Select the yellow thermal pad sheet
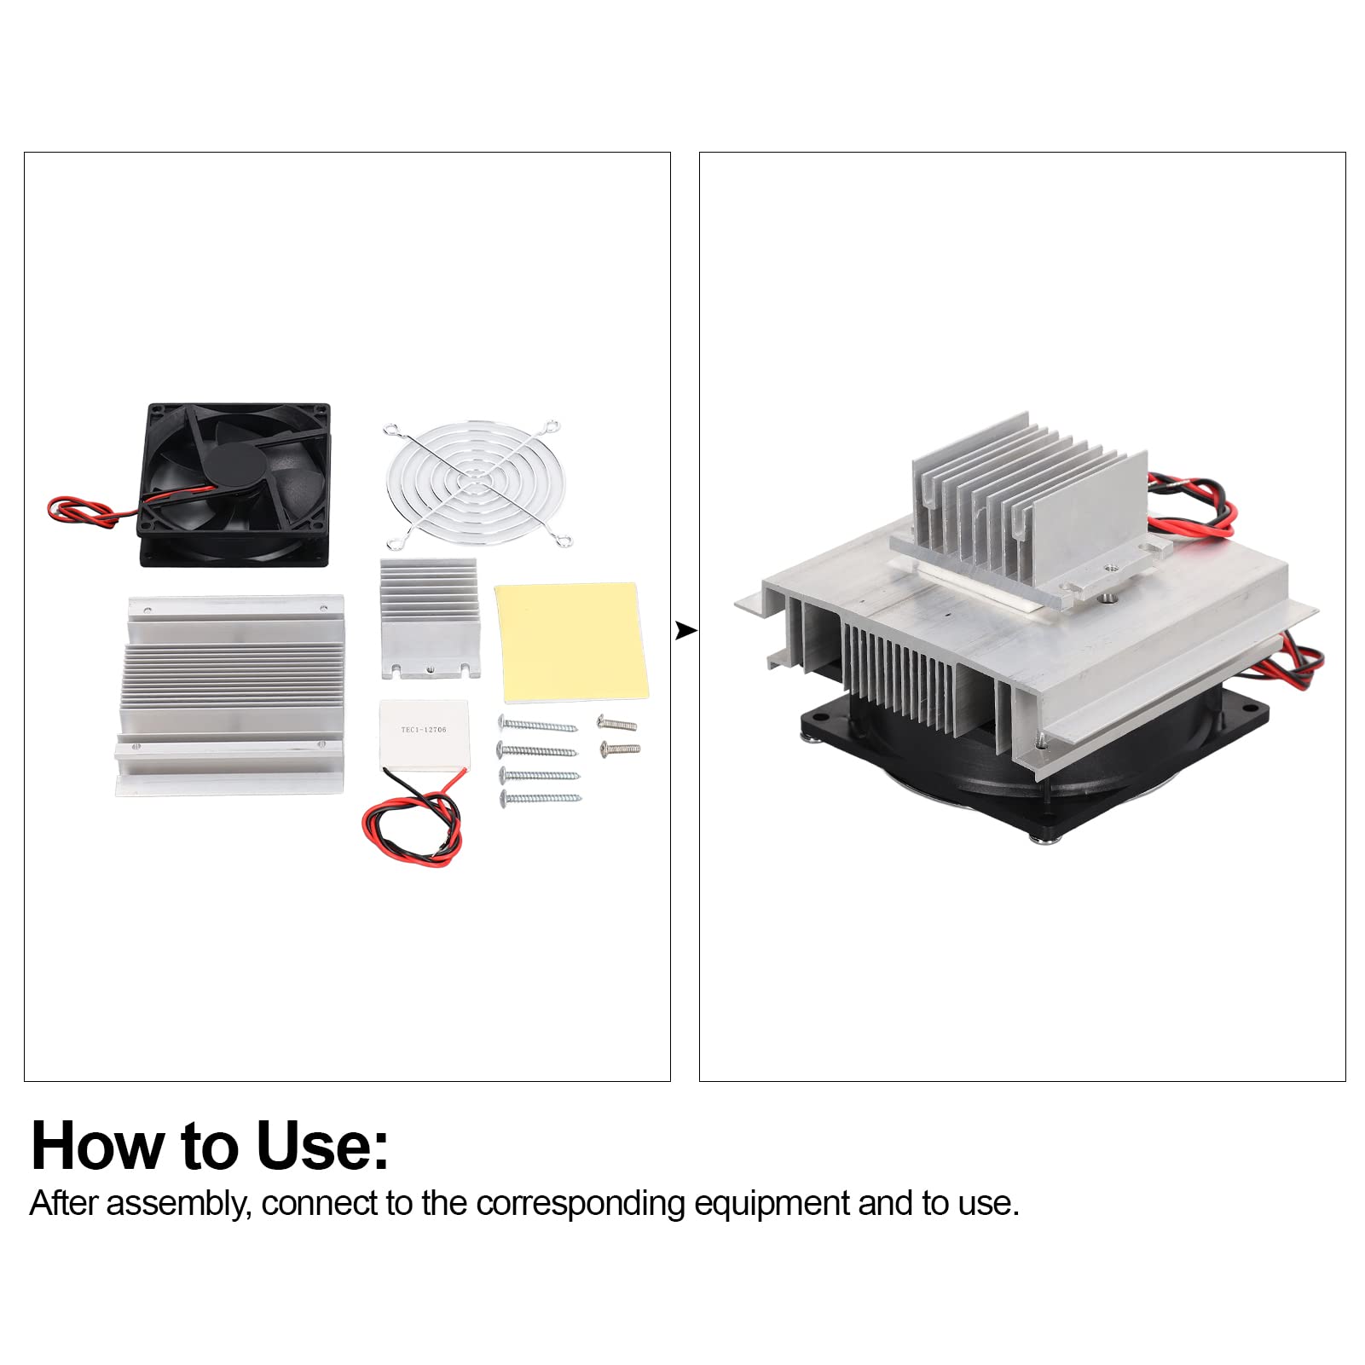[x=570, y=641]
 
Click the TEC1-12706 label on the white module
[x=424, y=730]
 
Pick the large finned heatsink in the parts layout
[x=230, y=695]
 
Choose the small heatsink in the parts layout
[x=429, y=618]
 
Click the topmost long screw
[x=537, y=726]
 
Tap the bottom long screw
[x=541, y=799]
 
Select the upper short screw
[x=617, y=724]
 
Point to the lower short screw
[x=620, y=749]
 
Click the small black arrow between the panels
[x=685, y=631]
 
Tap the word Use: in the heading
[x=322, y=1146]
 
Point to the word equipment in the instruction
[x=772, y=1204]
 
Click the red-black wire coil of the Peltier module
[x=415, y=823]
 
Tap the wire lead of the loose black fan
[x=81, y=512]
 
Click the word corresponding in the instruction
[x=581, y=1204]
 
